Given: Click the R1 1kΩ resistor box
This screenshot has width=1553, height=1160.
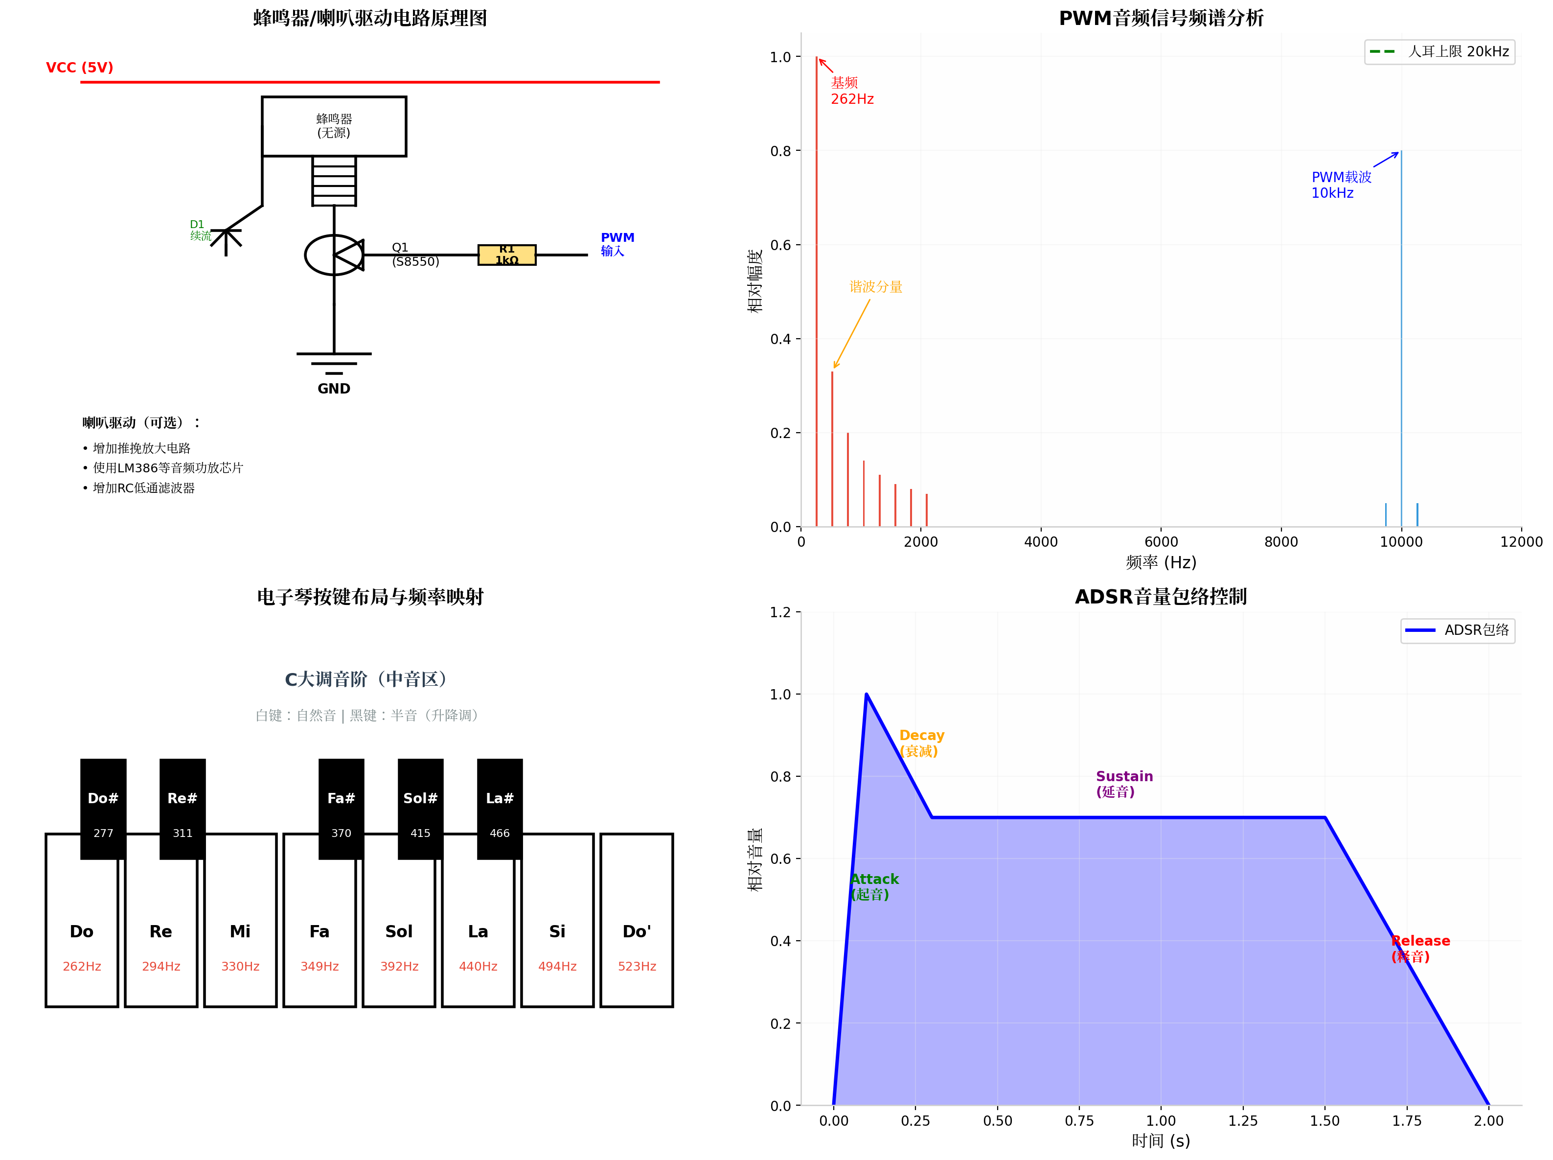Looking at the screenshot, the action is [x=507, y=255].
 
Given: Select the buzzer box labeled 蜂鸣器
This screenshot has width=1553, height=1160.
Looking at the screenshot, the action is [x=334, y=126].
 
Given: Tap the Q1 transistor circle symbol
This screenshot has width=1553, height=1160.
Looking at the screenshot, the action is [x=334, y=255].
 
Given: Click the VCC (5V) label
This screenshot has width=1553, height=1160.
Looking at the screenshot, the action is [x=79, y=68].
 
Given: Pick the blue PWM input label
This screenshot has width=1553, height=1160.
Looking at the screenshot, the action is [x=617, y=244].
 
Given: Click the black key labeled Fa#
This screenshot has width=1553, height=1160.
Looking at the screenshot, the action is [x=341, y=809].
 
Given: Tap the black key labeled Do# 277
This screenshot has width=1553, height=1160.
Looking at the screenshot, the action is [x=103, y=809].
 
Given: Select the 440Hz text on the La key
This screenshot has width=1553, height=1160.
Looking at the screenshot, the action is [x=478, y=967].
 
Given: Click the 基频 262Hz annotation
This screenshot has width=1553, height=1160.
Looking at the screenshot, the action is [x=852, y=91].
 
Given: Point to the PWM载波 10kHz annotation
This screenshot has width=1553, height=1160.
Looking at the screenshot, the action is [x=1341, y=185].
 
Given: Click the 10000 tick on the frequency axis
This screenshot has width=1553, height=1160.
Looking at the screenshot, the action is [x=1401, y=541].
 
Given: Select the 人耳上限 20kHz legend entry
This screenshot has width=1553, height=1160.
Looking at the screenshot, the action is [x=1439, y=51].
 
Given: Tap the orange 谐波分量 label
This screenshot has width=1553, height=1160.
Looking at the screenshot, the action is [x=876, y=286].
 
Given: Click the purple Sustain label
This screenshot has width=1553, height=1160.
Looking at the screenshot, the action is [x=1124, y=784].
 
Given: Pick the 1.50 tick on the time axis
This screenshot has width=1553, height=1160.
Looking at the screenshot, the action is [x=1325, y=1121].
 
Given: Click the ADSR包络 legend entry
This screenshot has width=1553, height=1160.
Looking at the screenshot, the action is [x=1457, y=630].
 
